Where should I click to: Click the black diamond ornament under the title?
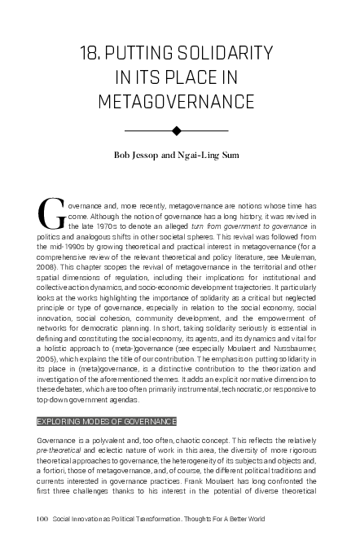pos(177,130)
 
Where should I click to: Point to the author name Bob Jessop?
pos(138,155)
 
